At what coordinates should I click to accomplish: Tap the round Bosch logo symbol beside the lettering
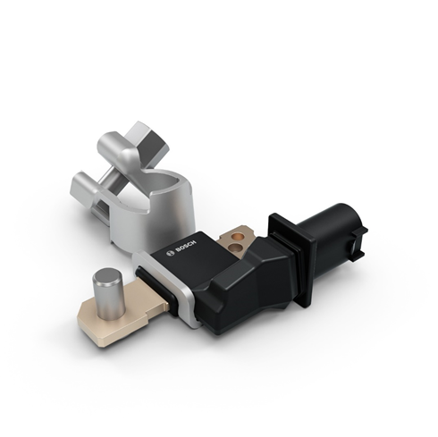171,254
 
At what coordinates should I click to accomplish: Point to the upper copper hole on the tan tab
238,237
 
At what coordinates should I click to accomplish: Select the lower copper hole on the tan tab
234,247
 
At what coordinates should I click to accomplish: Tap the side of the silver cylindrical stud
109,301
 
